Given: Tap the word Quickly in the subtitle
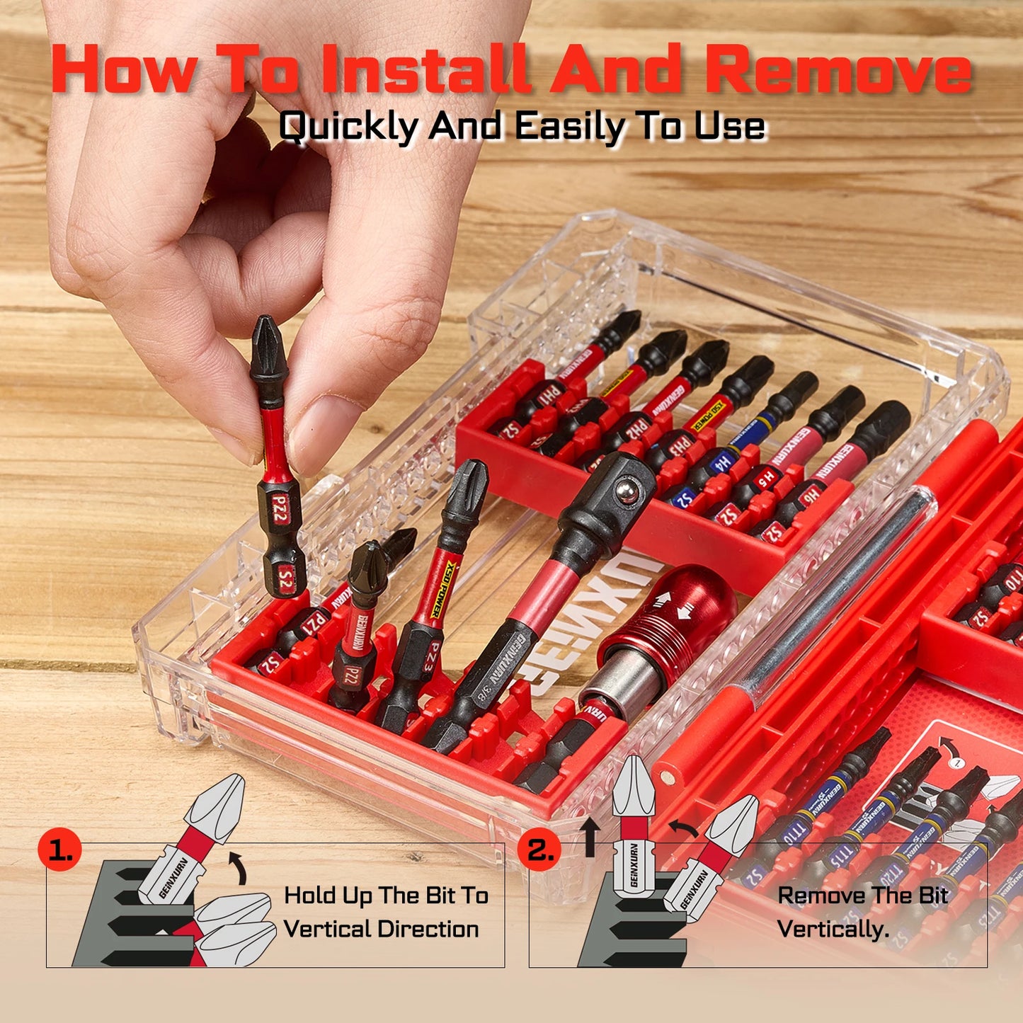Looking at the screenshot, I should [348, 127].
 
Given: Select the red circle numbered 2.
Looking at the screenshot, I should [541, 850].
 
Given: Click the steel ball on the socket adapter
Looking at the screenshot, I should [625, 491].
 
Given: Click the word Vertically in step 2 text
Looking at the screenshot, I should [833, 929].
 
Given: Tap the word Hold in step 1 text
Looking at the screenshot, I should [309, 896].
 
